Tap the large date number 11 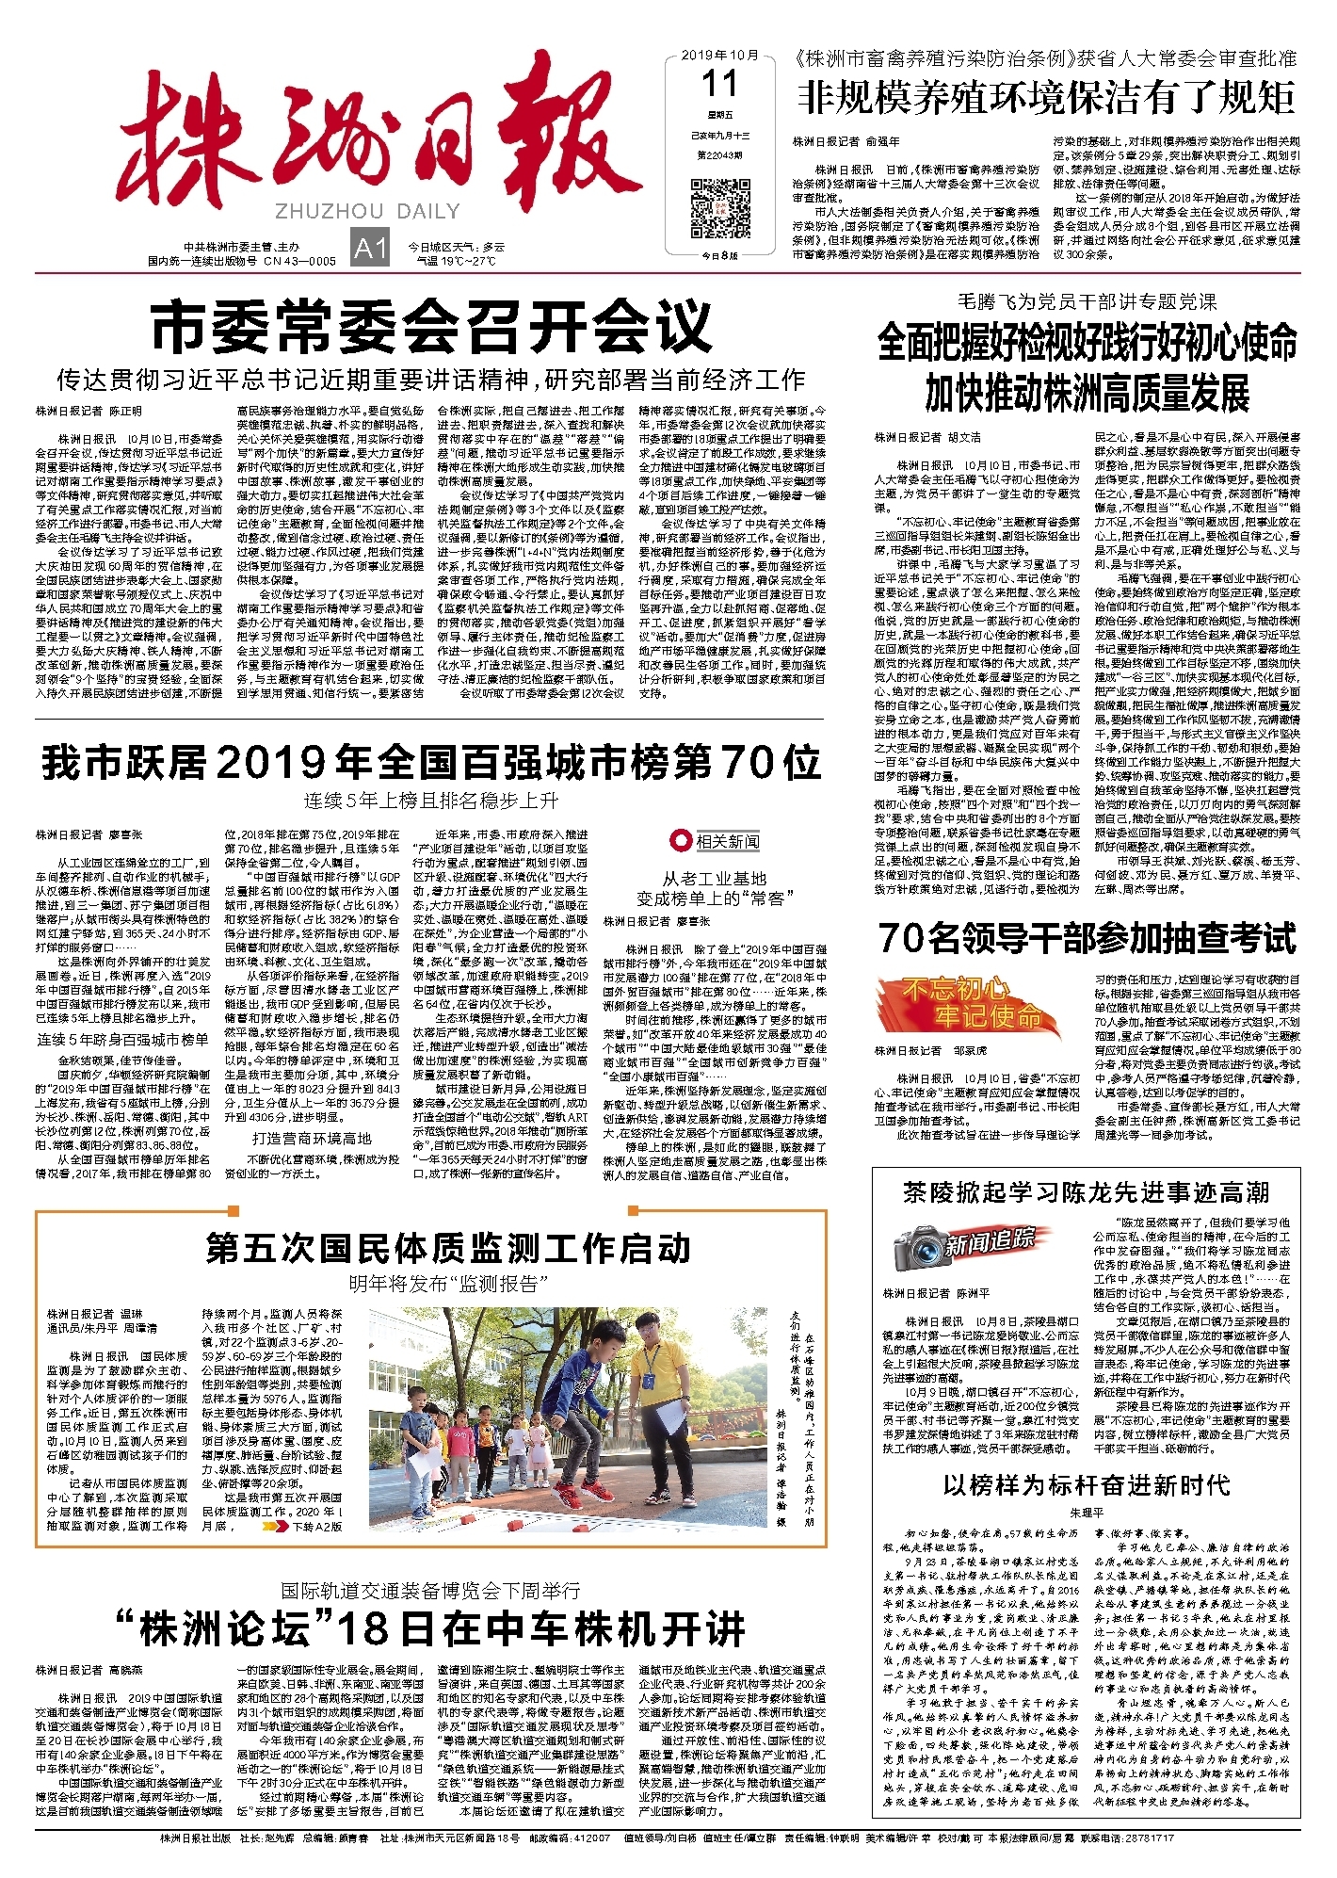point(719,86)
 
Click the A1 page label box point(369,248)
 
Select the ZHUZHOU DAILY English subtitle point(367,211)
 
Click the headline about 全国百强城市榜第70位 point(431,762)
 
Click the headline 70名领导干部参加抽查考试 point(1087,938)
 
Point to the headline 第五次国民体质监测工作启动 point(448,1249)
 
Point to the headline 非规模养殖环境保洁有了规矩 point(1047,98)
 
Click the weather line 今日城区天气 point(457,247)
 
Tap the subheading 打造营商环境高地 point(311,1139)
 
